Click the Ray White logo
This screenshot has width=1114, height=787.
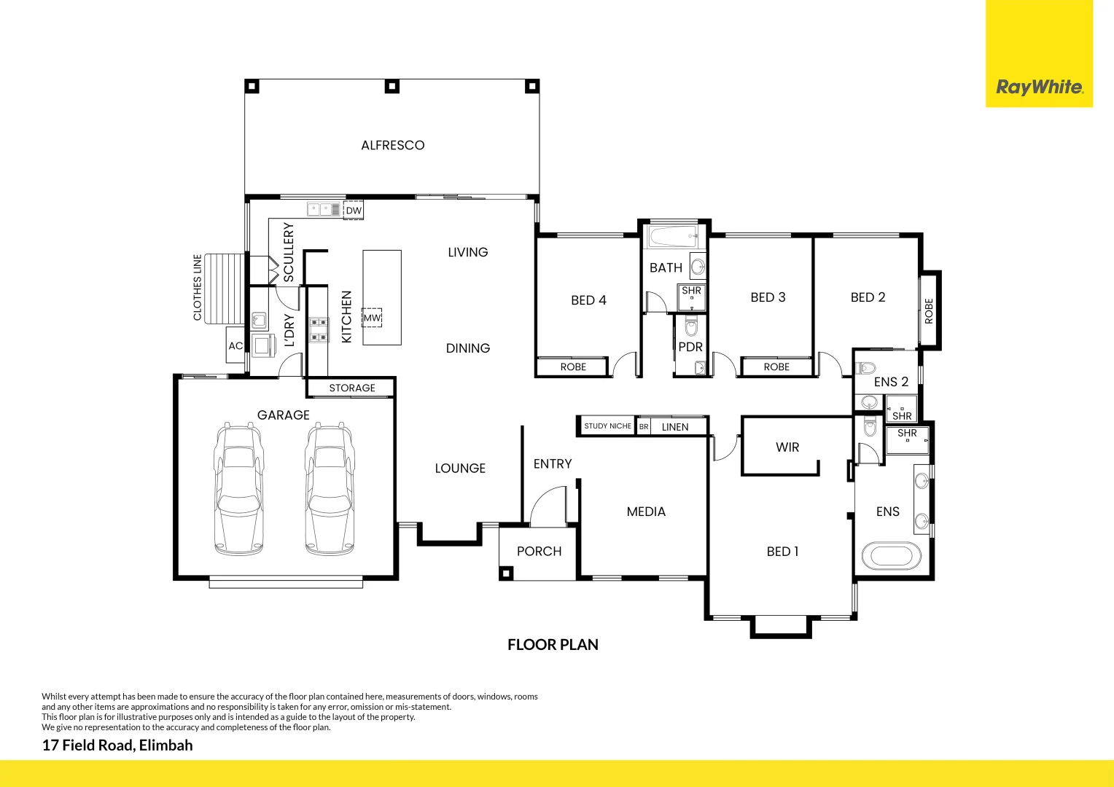pos(1039,87)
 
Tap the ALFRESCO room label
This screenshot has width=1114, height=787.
pos(392,145)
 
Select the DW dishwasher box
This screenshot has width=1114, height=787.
pos(354,211)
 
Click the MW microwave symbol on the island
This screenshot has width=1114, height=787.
pos(373,318)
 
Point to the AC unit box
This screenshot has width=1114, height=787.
pos(235,346)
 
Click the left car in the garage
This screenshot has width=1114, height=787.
pos(238,488)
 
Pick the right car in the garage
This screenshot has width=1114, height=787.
pos(330,488)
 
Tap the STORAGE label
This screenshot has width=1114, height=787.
pos(351,388)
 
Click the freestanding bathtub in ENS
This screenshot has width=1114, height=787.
pos(891,556)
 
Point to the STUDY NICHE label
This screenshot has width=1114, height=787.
pos(607,426)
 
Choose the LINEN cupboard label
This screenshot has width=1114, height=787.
pos(674,427)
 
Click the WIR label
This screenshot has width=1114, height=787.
pos(787,447)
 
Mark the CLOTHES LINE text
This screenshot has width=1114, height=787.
pos(197,287)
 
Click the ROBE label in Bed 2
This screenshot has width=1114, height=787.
pos(929,311)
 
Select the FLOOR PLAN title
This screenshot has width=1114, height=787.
pos(553,645)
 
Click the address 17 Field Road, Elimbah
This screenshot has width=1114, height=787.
pos(117,745)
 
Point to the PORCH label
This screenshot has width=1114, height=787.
pos(539,552)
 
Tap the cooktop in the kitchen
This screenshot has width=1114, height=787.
pos(318,329)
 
